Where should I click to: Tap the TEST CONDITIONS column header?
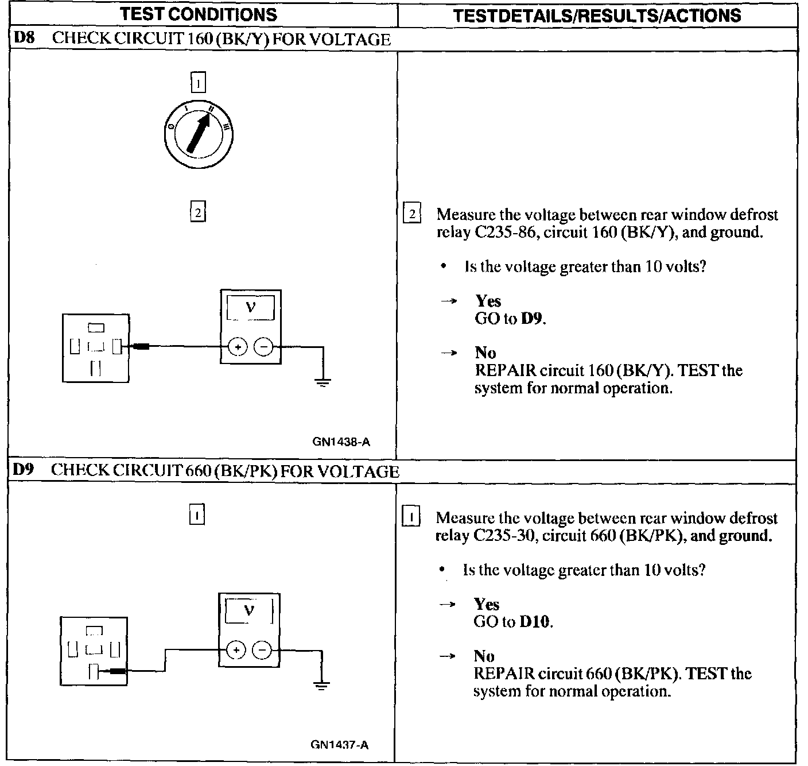pos(199,14)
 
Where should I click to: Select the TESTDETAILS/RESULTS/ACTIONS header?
pos(597,16)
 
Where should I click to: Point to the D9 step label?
pos(24,470)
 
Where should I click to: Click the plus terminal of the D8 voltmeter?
pos(238,347)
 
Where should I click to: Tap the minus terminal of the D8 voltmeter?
pos(263,347)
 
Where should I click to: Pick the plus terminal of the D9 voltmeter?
pos(236,650)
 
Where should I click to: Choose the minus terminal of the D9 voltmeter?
pos(262,650)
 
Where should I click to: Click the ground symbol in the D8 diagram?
pos(323,382)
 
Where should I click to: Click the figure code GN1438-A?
pos(341,442)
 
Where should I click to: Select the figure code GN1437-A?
pos(340,745)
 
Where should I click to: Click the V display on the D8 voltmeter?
pos(250,308)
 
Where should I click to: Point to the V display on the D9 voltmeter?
pos(248,611)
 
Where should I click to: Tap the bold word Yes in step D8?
pos(488,301)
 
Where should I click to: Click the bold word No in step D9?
pos(484,656)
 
